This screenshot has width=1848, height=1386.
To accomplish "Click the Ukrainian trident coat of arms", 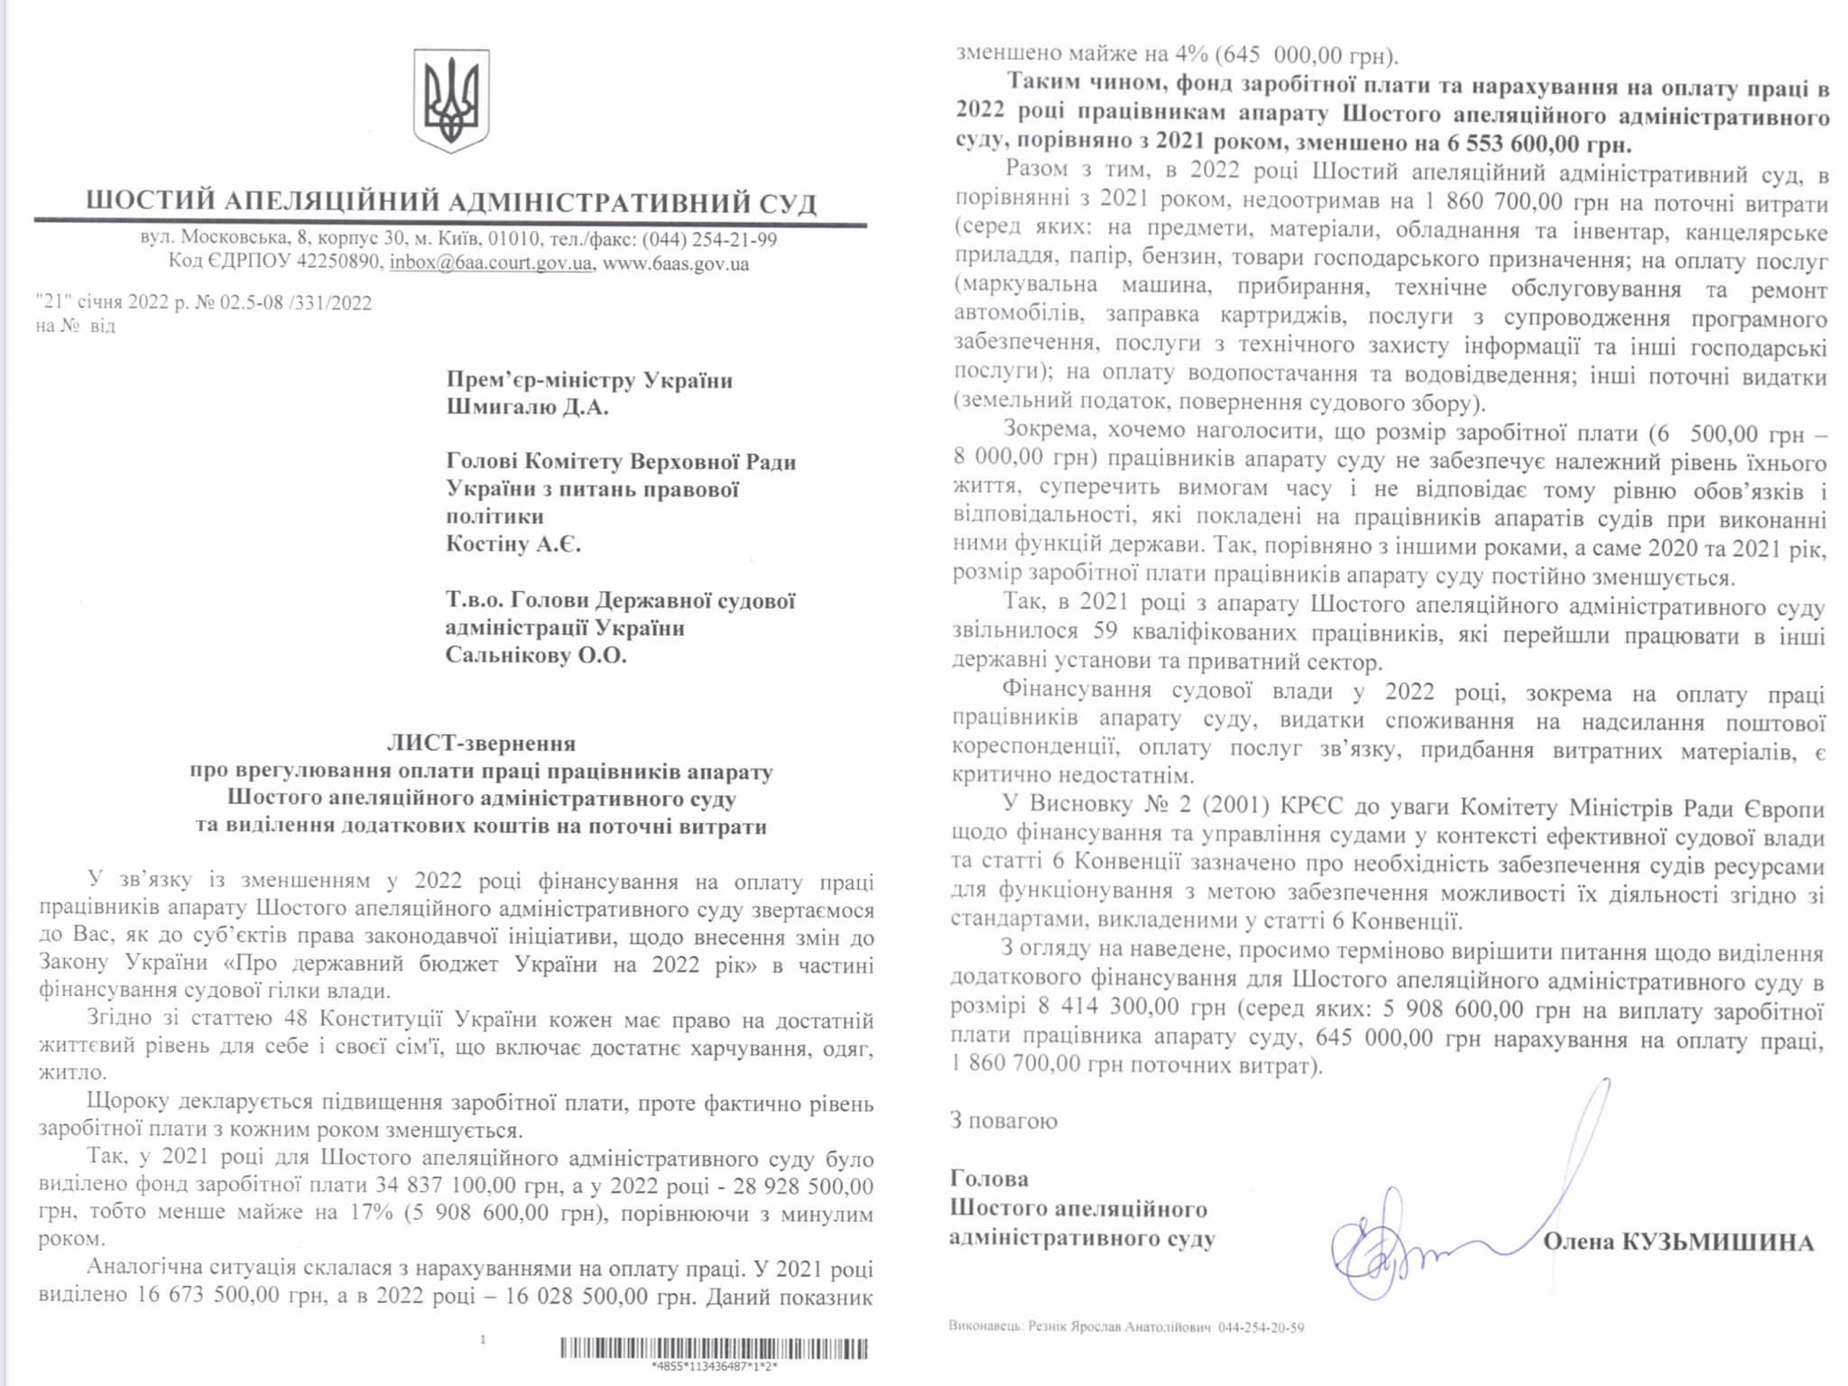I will pos(451,101).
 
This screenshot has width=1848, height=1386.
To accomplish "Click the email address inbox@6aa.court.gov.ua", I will pos(491,263).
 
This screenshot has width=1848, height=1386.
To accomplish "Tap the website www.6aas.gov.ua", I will pos(676,263).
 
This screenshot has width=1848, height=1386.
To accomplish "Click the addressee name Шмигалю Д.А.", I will pos(527,407).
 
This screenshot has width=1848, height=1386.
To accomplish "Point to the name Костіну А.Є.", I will pos(513,544).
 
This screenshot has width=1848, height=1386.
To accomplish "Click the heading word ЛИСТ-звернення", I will pos(481,744).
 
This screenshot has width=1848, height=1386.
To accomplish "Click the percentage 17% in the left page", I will pos(372,1212).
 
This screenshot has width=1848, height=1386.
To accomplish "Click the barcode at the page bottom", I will pos(714,1349).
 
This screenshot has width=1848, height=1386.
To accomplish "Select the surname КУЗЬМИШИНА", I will pos(1718,1243).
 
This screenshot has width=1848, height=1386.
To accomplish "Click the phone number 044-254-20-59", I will pos(1261,1327).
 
